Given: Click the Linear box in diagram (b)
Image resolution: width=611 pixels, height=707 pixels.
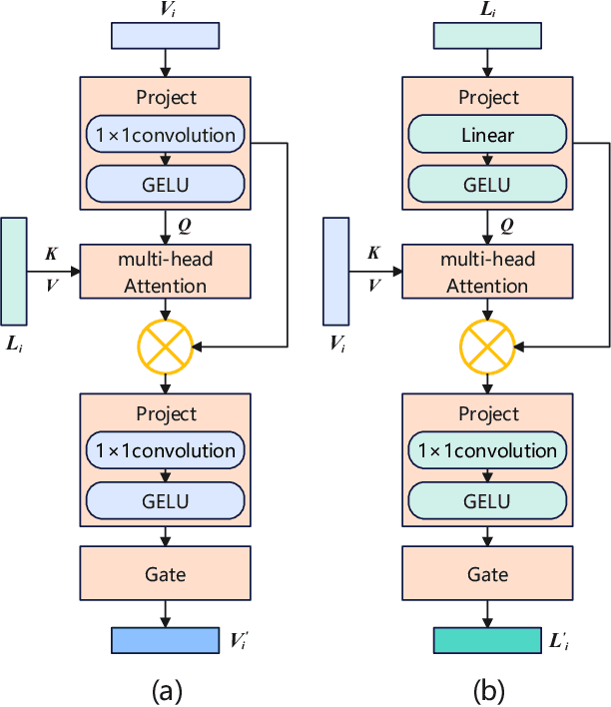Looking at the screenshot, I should pyautogui.click(x=488, y=135).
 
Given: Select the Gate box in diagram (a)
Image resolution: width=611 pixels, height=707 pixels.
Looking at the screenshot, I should pyautogui.click(x=165, y=574).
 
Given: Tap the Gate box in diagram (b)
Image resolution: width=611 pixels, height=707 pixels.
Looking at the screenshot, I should pyautogui.click(x=488, y=574).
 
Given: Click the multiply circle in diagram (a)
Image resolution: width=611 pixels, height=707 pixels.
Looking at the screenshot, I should pyautogui.click(x=165, y=347).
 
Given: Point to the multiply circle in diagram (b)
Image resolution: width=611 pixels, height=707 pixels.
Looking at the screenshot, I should pyautogui.click(x=488, y=347).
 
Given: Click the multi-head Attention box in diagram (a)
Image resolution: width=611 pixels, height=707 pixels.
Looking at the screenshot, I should pyautogui.click(x=165, y=273).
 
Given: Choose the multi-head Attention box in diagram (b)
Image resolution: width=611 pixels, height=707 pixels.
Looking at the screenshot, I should pyautogui.click(x=488, y=273).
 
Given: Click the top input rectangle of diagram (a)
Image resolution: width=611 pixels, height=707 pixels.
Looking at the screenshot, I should pyautogui.click(x=165, y=35).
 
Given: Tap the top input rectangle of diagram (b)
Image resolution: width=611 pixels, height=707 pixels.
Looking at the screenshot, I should pyautogui.click(x=488, y=35).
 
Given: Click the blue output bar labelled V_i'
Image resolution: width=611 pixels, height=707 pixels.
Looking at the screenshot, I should pyautogui.click(x=165, y=640).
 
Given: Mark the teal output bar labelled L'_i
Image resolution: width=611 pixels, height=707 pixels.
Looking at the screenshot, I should pyautogui.click(x=488, y=640).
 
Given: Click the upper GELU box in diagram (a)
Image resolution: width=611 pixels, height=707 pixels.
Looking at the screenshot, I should pyautogui.click(x=165, y=184).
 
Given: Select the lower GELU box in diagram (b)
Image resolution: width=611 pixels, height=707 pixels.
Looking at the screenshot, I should pyautogui.click(x=488, y=499).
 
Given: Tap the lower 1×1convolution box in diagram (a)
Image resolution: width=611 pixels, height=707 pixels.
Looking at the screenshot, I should pyautogui.click(x=165, y=450).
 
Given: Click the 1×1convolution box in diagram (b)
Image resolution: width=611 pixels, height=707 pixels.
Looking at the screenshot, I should pyautogui.click(x=488, y=450).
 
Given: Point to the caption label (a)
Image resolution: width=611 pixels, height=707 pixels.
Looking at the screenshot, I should pyautogui.click(x=165, y=689).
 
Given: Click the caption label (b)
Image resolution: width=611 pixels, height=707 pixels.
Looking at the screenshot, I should pyautogui.click(x=488, y=689).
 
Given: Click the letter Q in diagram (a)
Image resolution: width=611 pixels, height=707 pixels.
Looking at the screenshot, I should pyautogui.click(x=184, y=225).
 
